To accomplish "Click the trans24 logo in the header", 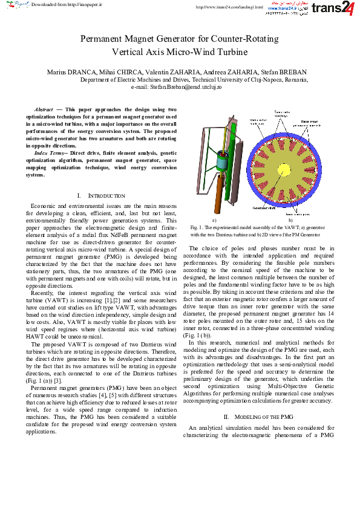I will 335,9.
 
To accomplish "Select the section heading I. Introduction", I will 101,196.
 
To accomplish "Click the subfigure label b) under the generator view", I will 290,221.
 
